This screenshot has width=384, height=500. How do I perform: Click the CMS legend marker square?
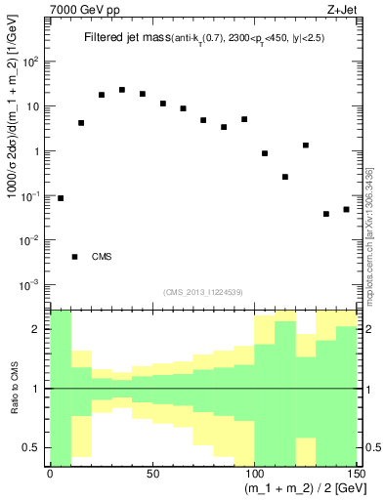point(75,257)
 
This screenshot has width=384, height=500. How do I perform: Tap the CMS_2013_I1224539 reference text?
point(202,291)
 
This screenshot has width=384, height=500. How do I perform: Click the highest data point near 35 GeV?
point(122,90)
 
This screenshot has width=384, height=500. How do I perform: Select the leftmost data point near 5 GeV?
point(61,198)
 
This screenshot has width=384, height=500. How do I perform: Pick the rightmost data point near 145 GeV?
point(347,209)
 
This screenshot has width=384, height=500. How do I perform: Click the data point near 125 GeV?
point(306,146)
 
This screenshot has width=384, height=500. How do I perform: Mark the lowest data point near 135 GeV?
point(326,214)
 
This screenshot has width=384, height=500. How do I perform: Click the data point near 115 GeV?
point(285,177)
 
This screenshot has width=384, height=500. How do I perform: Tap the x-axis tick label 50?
point(152,474)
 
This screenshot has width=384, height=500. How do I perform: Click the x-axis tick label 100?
point(254,474)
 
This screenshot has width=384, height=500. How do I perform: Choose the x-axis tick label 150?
point(355,474)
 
